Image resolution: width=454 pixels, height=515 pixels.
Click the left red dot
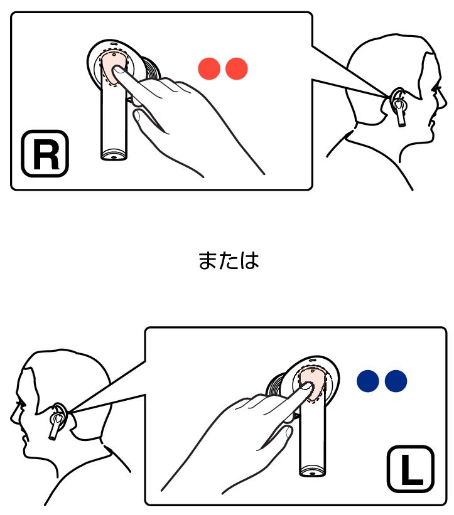[x=209, y=68]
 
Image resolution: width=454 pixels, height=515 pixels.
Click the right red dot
[x=236, y=68]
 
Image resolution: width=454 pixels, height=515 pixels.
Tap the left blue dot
[x=368, y=381]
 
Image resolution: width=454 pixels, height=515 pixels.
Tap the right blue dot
[x=396, y=381]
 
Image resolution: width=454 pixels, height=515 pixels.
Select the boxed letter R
[x=45, y=154]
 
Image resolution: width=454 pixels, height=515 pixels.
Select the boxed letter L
[x=411, y=469]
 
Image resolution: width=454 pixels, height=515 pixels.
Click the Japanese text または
[x=229, y=261]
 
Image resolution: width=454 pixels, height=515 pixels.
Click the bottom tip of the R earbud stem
[x=114, y=158]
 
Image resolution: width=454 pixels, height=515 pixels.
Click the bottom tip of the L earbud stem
[x=312, y=474]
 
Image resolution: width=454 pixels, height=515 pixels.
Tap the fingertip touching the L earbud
[x=308, y=385]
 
